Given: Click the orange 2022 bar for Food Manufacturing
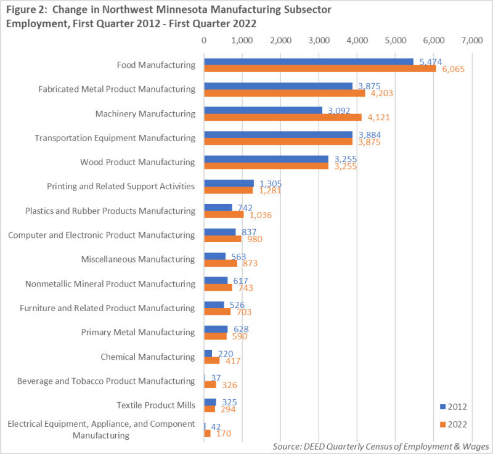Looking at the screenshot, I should (x=320, y=68).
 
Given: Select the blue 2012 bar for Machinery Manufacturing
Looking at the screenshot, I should (x=263, y=110).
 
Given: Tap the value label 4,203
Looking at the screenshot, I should (x=380, y=93).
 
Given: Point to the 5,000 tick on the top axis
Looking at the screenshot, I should (x=395, y=40).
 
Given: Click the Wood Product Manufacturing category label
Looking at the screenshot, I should (x=137, y=162).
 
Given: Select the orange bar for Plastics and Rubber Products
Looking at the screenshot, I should (x=224, y=214).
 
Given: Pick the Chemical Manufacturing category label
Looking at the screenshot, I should (x=147, y=357).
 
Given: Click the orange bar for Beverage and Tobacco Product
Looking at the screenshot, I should (x=210, y=384).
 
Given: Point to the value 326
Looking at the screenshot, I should (x=229, y=385).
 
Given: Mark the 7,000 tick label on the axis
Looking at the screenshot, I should (x=471, y=40).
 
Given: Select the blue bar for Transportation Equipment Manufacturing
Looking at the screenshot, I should (x=278, y=134).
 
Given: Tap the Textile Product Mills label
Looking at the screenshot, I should (x=156, y=405).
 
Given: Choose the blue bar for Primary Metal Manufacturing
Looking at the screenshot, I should (x=216, y=328).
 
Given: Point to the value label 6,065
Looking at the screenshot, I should (x=451, y=69).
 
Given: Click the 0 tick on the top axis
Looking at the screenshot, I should (x=204, y=40).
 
